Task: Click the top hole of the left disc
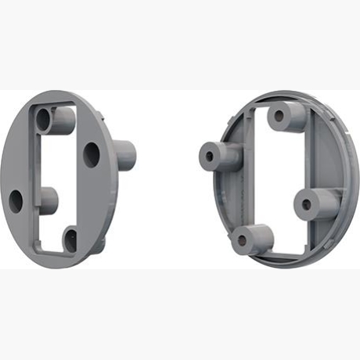click(42, 119)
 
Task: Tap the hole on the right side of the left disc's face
click(92, 153)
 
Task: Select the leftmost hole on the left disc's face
click(16, 201)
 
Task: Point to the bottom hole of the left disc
click(70, 238)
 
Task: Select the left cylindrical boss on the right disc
click(220, 156)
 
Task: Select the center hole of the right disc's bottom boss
click(243, 240)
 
